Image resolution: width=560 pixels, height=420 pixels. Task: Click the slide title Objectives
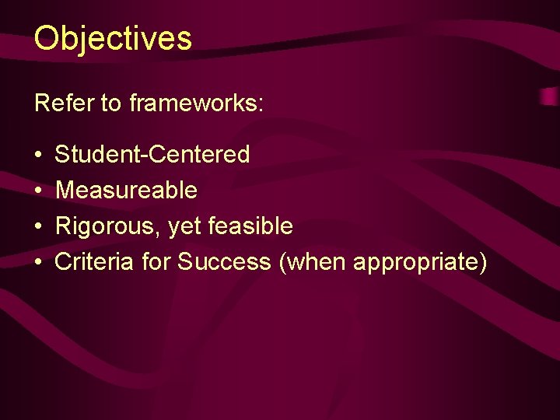click(113, 38)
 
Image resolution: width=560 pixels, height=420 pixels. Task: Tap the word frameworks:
click(197, 103)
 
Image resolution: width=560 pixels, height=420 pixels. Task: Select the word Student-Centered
click(152, 154)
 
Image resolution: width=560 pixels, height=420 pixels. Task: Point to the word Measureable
click(126, 190)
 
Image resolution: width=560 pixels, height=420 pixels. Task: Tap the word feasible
click(250, 226)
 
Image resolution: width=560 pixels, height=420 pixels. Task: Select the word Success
click(224, 262)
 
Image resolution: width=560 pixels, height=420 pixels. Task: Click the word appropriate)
click(420, 263)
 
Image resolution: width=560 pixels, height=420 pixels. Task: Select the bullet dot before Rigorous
click(39, 227)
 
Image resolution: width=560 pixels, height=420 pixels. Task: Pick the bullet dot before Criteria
click(39, 263)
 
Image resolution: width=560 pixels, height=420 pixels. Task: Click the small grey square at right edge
click(551, 96)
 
